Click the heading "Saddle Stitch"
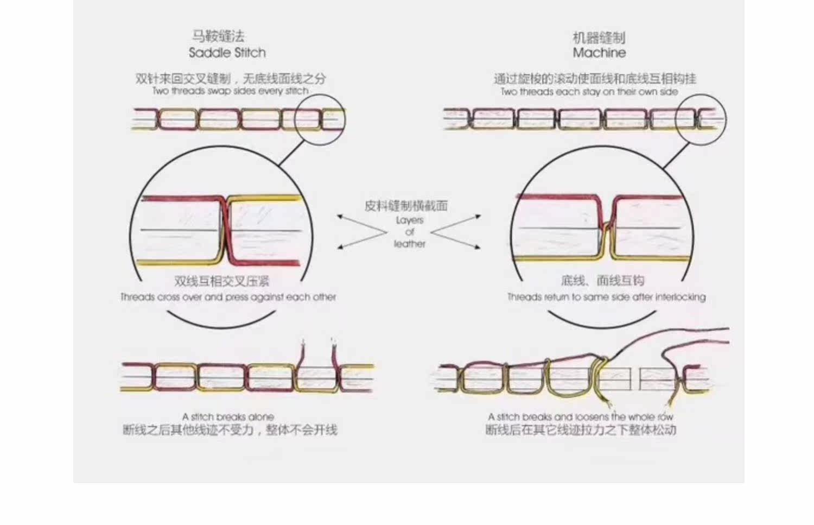[x=227, y=53]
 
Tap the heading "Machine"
[x=599, y=53]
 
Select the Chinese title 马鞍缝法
[x=218, y=36]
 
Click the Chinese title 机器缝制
[x=599, y=37]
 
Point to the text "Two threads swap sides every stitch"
[x=230, y=91]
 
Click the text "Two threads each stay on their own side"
[x=589, y=92]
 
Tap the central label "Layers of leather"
[x=410, y=232]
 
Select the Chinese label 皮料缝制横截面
[x=406, y=206]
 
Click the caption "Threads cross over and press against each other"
[x=228, y=297]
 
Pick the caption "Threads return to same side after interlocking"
[x=606, y=297]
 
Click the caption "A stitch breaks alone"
[x=228, y=417]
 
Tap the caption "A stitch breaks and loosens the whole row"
[x=580, y=417]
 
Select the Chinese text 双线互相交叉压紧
[x=221, y=281]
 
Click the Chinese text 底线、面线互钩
[x=602, y=281]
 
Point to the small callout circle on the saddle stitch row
[x=320, y=119]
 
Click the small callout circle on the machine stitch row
[x=701, y=119]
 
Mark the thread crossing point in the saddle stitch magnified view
[x=227, y=231]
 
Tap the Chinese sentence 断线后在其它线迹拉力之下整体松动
[x=581, y=430]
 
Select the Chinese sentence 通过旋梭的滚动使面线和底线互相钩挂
[x=594, y=79]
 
